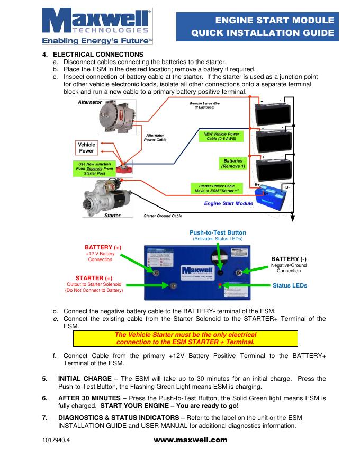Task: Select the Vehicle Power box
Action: [x=87, y=148]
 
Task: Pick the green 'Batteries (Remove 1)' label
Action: [x=233, y=164]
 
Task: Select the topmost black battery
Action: [x=274, y=112]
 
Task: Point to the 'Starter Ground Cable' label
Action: [x=163, y=216]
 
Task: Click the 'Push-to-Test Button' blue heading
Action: [x=218, y=232]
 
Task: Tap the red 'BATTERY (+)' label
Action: [x=103, y=247]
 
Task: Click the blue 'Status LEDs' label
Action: [x=290, y=285]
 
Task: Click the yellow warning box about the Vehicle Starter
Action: [x=185, y=338]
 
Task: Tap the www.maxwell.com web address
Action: [x=190, y=440]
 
